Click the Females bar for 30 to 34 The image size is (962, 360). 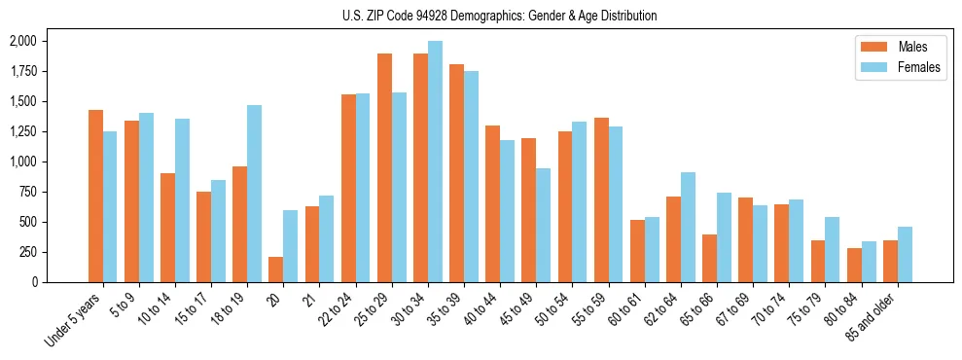(x=435, y=162)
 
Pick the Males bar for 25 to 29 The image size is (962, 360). (x=384, y=167)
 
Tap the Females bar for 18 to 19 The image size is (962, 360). (x=254, y=194)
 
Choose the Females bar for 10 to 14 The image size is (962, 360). (x=182, y=200)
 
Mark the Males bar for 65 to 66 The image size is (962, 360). (x=709, y=258)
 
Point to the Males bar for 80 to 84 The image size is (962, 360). (x=854, y=265)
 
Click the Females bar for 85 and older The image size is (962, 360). (x=905, y=254)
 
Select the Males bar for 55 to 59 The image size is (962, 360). (x=601, y=199)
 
